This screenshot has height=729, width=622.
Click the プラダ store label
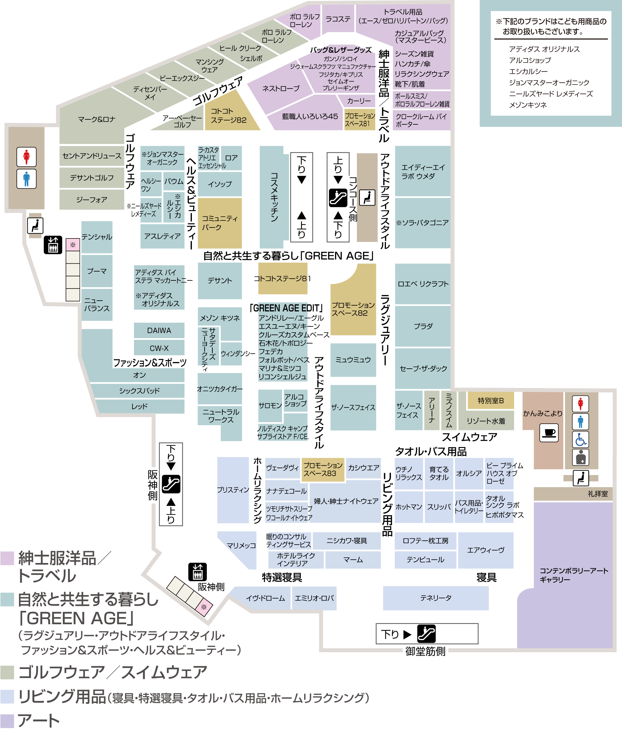[x=423, y=326]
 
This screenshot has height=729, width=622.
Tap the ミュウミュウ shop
[x=353, y=360]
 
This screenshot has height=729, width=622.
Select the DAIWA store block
[x=159, y=330]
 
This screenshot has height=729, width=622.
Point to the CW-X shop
[x=159, y=348]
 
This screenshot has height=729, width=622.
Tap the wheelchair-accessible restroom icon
[x=580, y=440]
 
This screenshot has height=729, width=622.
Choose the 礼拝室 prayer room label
[x=598, y=494]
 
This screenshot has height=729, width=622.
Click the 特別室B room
[x=491, y=400]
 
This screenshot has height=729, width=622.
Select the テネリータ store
[x=436, y=598]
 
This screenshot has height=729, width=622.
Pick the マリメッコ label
[x=241, y=545]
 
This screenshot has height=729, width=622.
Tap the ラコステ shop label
[x=338, y=19]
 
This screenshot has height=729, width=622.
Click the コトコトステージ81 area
[x=283, y=278]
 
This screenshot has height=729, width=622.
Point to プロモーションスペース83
[x=323, y=469]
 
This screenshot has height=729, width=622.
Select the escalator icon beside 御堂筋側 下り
[x=426, y=634]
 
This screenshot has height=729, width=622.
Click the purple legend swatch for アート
[x=7, y=721]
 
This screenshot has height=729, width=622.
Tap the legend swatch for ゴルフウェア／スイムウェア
[x=7, y=672]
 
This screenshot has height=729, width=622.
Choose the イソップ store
[x=220, y=184]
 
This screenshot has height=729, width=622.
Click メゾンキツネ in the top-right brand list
[x=528, y=105]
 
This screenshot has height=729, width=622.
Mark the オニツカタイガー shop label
[x=220, y=389]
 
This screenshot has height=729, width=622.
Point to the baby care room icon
[x=580, y=457]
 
